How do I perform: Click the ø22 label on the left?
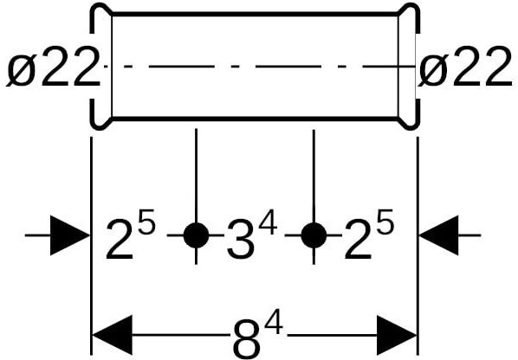pyautogui.click(x=53, y=67)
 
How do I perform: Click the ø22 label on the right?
pyautogui.click(x=465, y=67)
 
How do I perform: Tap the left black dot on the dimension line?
pyautogui.click(x=197, y=235)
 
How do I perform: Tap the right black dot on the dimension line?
pyautogui.click(x=314, y=235)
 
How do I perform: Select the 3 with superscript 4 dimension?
pyautogui.click(x=252, y=234)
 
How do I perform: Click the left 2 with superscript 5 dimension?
pyautogui.click(x=130, y=234)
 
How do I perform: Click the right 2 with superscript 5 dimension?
pyautogui.click(x=369, y=234)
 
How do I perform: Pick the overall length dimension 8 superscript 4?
pyautogui.click(x=257, y=333)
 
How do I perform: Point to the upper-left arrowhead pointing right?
pyautogui.click(x=69, y=235)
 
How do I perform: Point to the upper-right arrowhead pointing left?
pyautogui.click(x=438, y=235)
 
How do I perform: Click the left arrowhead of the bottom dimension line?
pyautogui.click(x=113, y=335)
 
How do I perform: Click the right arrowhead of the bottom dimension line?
pyautogui.click(x=397, y=335)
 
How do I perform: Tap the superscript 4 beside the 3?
pyautogui.click(x=268, y=222)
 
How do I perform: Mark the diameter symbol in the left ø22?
pyautogui.click(x=21, y=71)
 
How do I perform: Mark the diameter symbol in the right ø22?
pyautogui.click(x=433, y=71)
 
